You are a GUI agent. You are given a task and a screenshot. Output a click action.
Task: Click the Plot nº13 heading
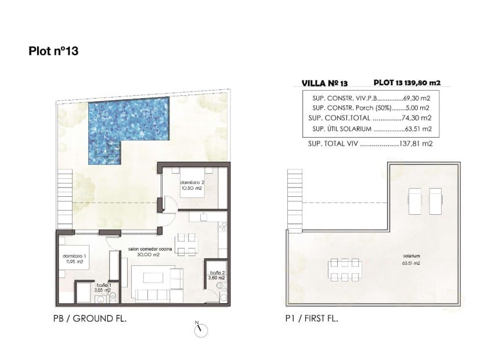point(53,51)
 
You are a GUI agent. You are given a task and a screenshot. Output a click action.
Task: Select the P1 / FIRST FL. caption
point(312,319)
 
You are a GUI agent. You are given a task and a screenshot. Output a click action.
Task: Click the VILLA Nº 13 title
point(325,83)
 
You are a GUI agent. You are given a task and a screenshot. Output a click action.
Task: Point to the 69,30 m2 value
point(416,98)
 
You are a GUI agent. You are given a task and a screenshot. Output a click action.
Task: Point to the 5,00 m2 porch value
point(419,107)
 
